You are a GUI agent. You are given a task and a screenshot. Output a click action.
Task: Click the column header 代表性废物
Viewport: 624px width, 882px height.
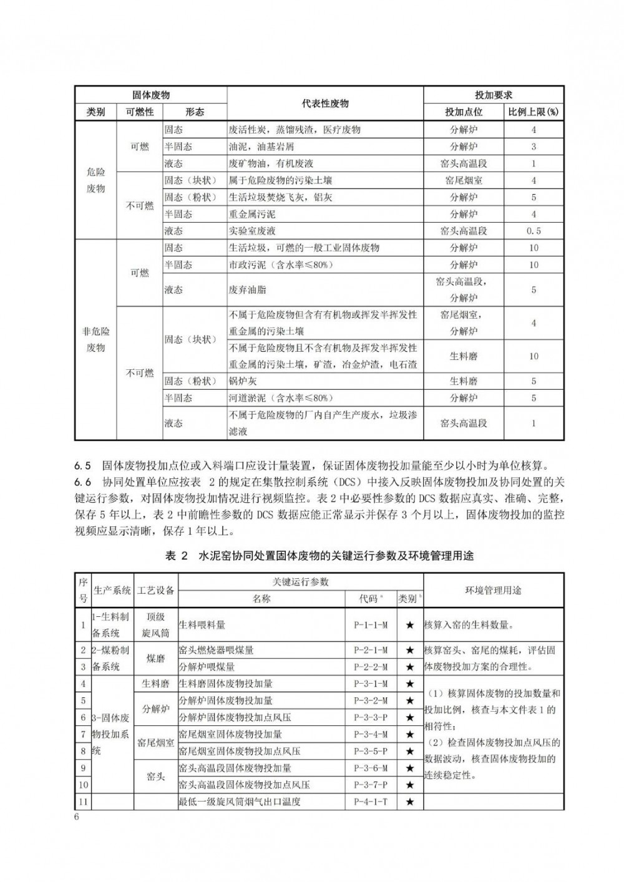325,104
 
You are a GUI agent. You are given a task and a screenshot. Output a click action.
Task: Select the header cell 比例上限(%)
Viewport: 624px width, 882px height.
533,112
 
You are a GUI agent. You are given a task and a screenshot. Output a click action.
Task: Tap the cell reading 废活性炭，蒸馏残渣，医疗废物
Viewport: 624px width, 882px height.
295,130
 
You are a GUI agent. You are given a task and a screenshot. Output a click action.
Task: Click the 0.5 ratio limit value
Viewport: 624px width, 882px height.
534,231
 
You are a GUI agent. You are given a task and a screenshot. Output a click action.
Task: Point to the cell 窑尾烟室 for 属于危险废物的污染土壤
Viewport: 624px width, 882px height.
464,180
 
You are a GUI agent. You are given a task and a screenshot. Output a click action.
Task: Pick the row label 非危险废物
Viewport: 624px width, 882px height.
95,339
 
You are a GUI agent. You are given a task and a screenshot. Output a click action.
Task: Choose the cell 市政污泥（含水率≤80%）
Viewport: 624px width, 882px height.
281,265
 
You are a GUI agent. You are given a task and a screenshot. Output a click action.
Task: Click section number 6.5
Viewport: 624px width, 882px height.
83,465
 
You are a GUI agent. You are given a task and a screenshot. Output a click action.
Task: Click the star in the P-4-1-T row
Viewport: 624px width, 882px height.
410,802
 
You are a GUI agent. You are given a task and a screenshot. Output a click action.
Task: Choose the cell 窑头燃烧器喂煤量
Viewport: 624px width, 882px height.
217,650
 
